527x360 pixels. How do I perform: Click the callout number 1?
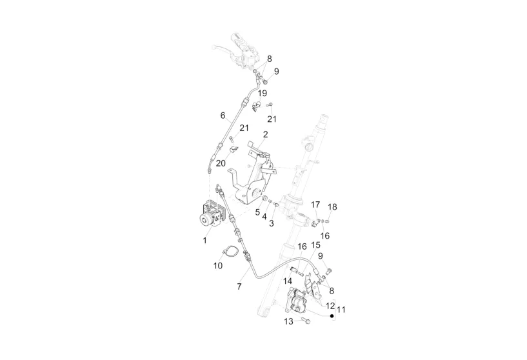pyautogui.click(x=204, y=240)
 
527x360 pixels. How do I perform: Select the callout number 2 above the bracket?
pyautogui.click(x=265, y=135)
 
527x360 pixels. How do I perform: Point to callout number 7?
pyautogui.click(x=239, y=286)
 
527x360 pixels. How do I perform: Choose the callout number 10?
pyautogui.click(x=218, y=266)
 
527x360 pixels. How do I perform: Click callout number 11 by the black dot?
pyautogui.click(x=341, y=310)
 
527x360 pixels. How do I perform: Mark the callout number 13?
pyautogui.click(x=288, y=321)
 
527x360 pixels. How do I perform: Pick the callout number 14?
pyautogui.click(x=288, y=281)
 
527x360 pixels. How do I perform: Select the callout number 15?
pyautogui.click(x=315, y=246)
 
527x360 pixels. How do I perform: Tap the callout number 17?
pyautogui.click(x=315, y=205)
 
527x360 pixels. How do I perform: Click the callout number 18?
pyautogui.click(x=333, y=207)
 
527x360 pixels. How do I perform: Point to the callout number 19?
pyautogui.click(x=263, y=94)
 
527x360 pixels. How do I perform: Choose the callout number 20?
pyautogui.click(x=221, y=163)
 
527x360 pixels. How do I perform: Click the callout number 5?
pyautogui.click(x=257, y=212)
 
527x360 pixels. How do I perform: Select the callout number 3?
pyautogui.click(x=272, y=223)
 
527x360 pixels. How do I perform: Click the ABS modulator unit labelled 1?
pyautogui.click(x=210, y=215)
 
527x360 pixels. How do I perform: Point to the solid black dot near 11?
pyautogui.click(x=332, y=317)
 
